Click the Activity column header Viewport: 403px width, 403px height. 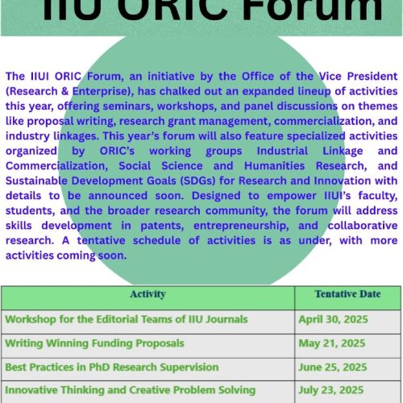point(147,294)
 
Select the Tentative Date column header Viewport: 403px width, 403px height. point(347,294)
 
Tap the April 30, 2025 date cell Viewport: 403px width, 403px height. point(333,319)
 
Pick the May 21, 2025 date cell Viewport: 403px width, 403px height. point(332,343)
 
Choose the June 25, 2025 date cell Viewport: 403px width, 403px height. point(333,368)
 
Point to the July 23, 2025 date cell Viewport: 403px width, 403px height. point(331,390)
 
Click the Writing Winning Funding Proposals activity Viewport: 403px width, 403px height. point(94,343)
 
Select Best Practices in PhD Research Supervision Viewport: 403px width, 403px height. point(112,368)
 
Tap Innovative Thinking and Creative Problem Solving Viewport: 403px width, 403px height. point(130,390)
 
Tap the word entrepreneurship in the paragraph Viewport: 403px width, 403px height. point(241,226)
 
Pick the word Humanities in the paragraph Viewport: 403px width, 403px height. point(274,166)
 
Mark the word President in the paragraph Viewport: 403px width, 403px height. point(372,77)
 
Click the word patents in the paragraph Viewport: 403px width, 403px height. point(162,226)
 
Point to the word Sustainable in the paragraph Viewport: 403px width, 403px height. point(36,181)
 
